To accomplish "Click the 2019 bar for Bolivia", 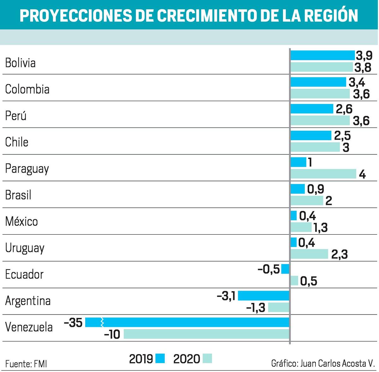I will (x=322, y=55).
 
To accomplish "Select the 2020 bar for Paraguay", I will (x=323, y=174).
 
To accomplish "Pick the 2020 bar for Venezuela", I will (x=206, y=334).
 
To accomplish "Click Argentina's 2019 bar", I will (x=263, y=296).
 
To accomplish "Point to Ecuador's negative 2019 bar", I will (x=285, y=269).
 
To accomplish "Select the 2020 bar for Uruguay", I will (x=309, y=254).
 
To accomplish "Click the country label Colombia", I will (x=27, y=89).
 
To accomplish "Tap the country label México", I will (x=21, y=221).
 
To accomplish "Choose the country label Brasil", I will (x=18, y=195).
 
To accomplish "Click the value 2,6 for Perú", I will (x=344, y=109).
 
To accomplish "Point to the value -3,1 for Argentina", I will (x=226, y=296).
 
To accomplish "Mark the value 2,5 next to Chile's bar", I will (x=342, y=136).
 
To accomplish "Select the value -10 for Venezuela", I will (x=112, y=334).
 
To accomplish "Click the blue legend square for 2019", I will (x=160, y=358).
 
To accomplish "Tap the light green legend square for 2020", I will (x=207, y=358).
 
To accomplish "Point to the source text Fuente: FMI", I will (x=26, y=364).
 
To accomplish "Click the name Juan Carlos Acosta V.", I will (x=337, y=363).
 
